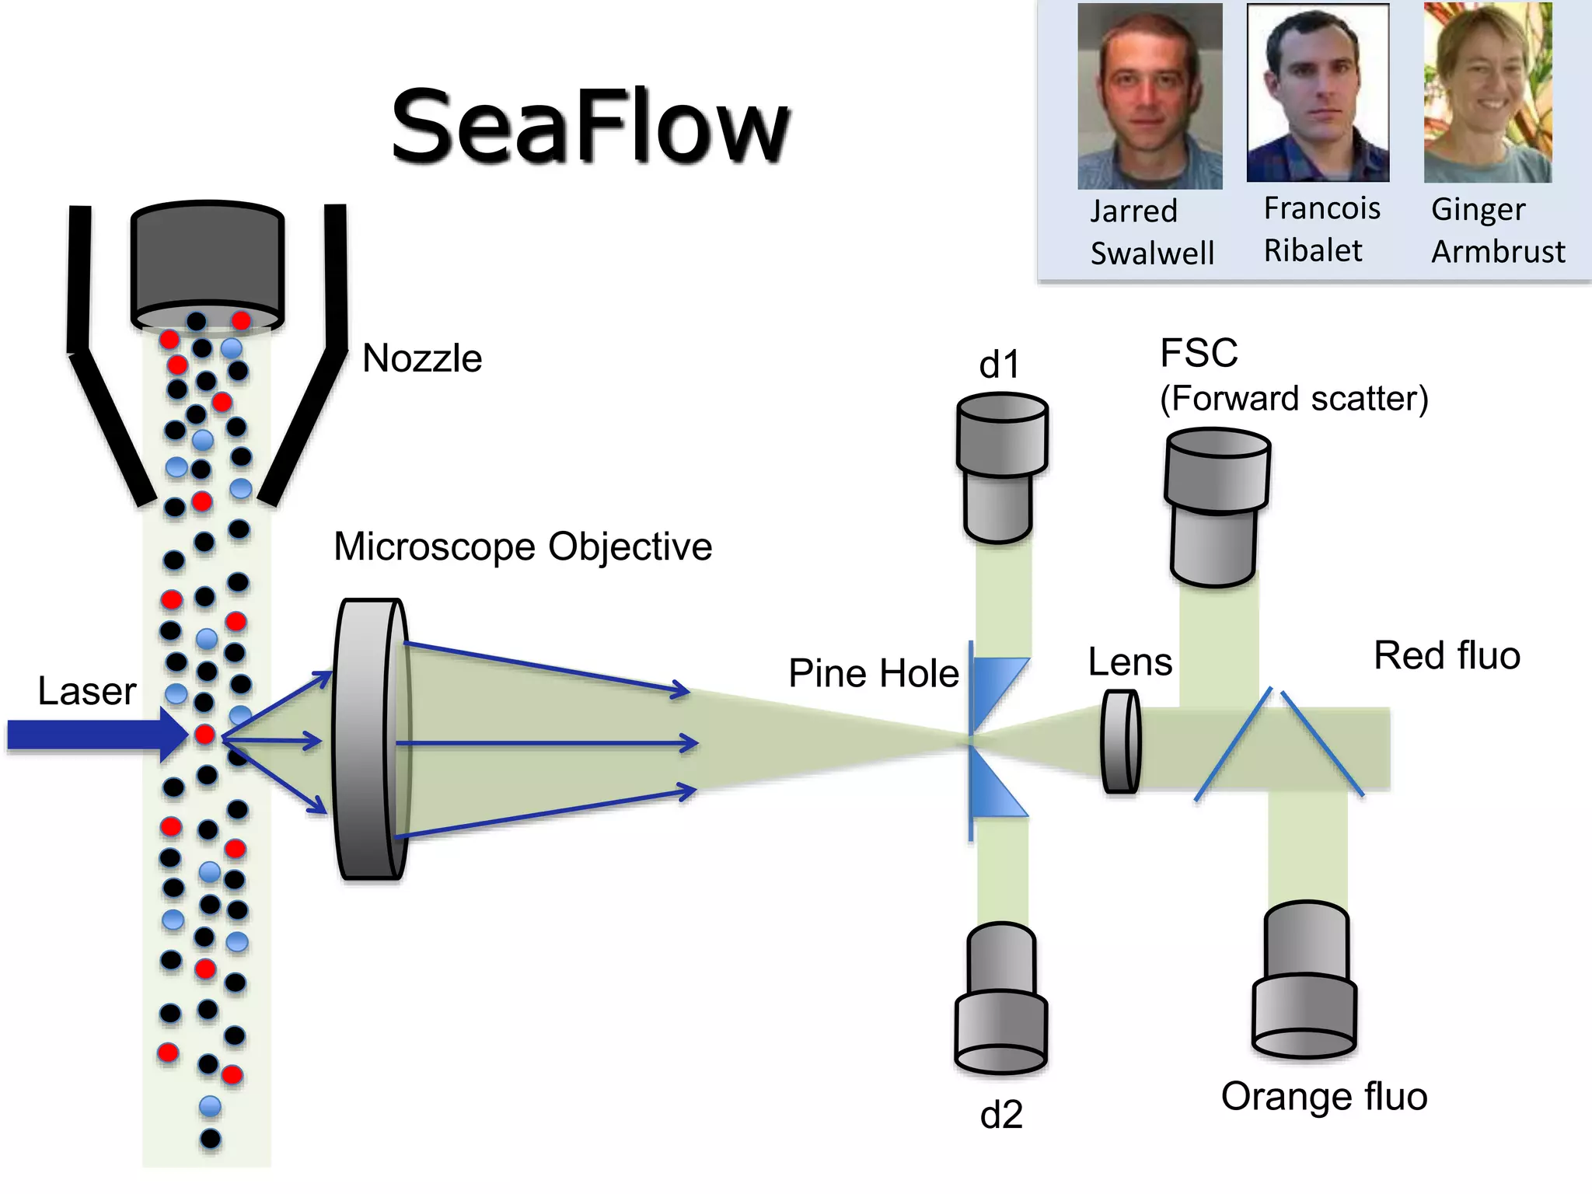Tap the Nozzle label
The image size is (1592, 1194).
422,359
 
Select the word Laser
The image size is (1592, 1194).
87,691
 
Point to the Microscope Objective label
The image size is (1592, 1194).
522,546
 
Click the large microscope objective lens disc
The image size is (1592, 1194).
371,739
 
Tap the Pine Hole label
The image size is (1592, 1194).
873,673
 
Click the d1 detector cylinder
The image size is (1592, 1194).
1001,466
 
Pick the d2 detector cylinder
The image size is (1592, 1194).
1001,999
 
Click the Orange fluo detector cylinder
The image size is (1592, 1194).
1305,979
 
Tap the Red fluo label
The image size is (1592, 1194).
1447,655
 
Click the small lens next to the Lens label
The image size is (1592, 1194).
1121,742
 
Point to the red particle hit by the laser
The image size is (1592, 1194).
204,735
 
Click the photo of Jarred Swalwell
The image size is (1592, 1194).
1149,96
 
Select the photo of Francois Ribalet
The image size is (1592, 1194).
1318,93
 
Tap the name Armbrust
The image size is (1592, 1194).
1498,252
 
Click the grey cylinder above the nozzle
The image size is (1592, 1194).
208,264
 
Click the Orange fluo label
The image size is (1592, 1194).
1324,1097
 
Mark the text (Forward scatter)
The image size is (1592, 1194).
1293,399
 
